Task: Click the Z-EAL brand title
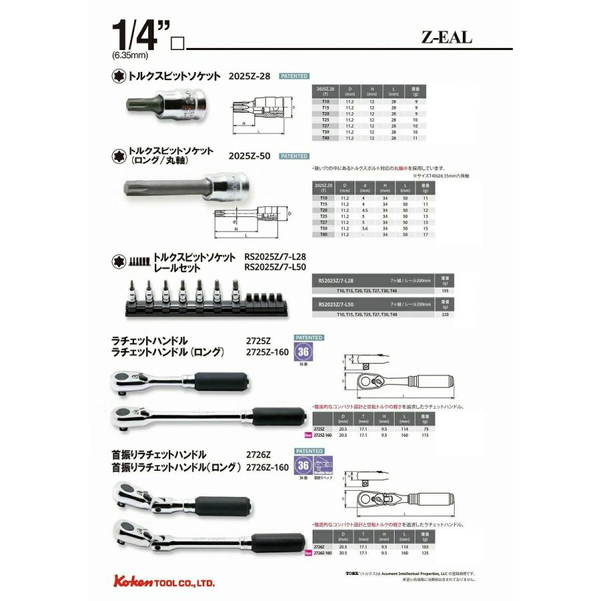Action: tap(446, 37)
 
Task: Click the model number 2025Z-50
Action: tap(248, 156)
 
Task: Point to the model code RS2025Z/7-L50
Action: tap(274, 267)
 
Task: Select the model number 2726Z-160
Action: tap(266, 467)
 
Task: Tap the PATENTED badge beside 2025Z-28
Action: tap(293, 76)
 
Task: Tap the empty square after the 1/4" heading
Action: tap(177, 45)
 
